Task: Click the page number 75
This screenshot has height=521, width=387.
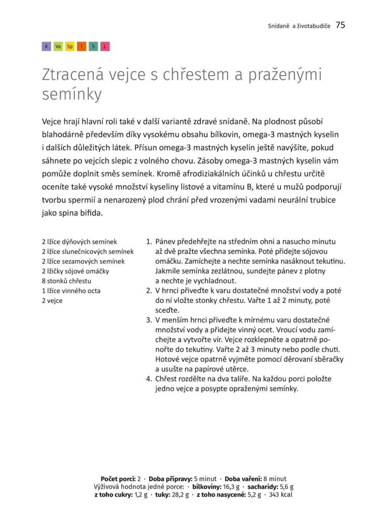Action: (x=340, y=25)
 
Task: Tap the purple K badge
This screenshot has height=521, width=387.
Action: (x=46, y=46)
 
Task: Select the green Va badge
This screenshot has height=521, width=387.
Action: (x=58, y=46)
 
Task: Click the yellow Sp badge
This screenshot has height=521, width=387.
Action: (x=70, y=46)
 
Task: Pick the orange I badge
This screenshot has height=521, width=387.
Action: (x=82, y=46)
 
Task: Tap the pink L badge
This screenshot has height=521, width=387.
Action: (x=105, y=46)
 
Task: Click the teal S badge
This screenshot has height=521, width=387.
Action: (x=93, y=46)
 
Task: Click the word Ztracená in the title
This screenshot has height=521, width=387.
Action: (x=73, y=75)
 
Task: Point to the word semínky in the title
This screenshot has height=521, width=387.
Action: (x=72, y=94)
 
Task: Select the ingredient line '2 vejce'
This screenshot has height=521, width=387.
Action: (x=52, y=301)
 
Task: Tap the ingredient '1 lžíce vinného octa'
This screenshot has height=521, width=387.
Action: (x=71, y=291)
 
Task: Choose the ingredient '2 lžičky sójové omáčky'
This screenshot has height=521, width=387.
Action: (x=75, y=271)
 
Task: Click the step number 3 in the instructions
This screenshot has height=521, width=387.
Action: (x=149, y=320)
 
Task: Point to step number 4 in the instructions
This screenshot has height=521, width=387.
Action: (x=149, y=379)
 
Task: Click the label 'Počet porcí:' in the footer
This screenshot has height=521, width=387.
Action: (x=118, y=479)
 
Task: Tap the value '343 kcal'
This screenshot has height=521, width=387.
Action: (x=280, y=495)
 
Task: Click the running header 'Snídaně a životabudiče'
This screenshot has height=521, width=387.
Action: (x=299, y=26)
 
